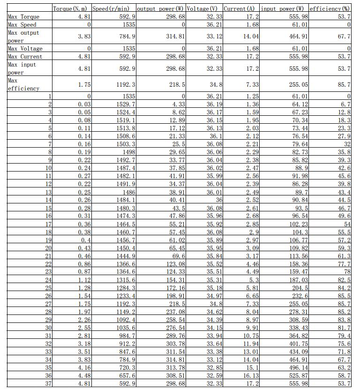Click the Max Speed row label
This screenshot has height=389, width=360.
[x=22, y=25]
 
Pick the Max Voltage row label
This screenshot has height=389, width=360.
[x=25, y=49]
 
